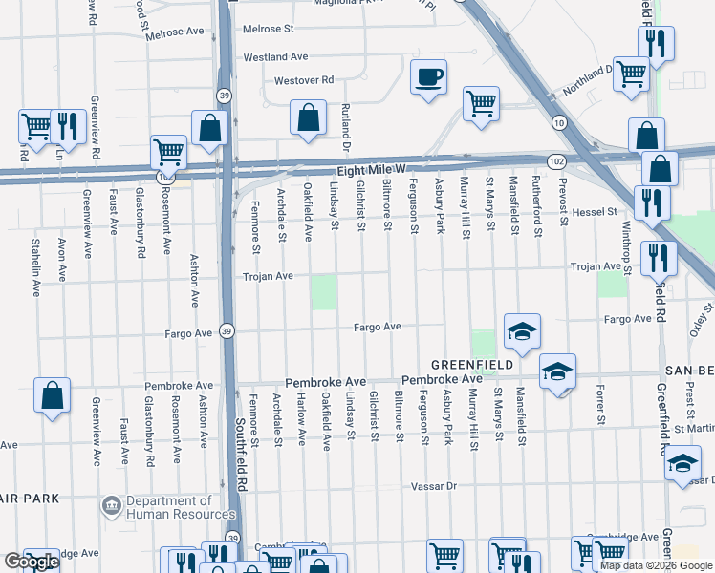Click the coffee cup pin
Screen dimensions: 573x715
click(x=428, y=76)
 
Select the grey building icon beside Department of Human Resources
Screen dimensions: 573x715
click(x=111, y=503)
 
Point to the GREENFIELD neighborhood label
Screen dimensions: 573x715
click(x=471, y=365)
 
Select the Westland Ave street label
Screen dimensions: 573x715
click(x=275, y=57)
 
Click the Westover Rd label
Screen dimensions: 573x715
click(x=303, y=80)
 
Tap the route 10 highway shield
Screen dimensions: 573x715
click(x=557, y=122)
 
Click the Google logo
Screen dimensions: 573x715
click(x=32, y=562)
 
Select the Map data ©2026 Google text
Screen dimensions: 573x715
click(x=656, y=565)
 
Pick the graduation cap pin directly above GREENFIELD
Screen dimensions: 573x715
click(x=522, y=331)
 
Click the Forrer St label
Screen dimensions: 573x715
click(x=600, y=404)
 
